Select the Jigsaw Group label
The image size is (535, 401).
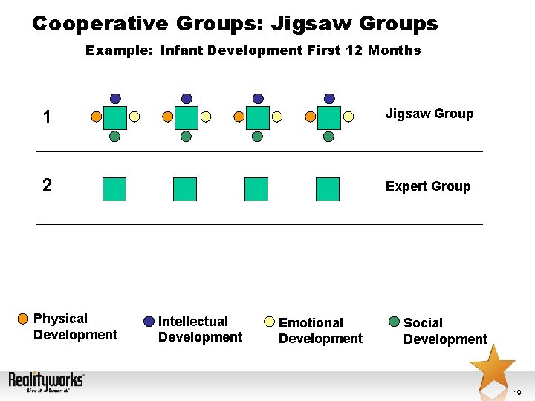click(429, 114)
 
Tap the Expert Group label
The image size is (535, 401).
click(427, 186)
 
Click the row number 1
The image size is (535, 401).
click(47, 117)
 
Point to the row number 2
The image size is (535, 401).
click(47, 185)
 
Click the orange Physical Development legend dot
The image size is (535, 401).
click(25, 320)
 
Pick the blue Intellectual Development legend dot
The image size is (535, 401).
click(149, 322)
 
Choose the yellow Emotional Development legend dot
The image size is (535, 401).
click(270, 322)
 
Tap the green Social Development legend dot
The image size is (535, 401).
click(395, 322)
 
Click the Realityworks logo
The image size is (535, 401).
click(46, 382)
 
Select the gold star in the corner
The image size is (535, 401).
click(492, 366)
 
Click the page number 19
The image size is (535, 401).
click(517, 392)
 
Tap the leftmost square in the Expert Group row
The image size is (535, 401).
click(114, 189)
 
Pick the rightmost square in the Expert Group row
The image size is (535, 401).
click(328, 189)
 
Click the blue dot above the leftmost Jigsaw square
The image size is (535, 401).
click(115, 98)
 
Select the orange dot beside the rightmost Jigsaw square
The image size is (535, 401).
click(310, 117)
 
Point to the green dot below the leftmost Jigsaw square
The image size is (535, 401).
click(115, 137)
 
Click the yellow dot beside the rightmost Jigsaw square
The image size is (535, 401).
click(348, 117)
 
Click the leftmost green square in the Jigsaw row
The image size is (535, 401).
click(115, 117)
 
